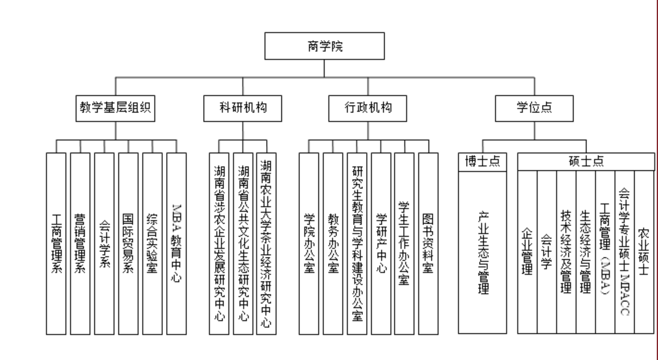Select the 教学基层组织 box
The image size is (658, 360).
(x=116, y=106)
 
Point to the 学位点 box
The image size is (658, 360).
(x=534, y=106)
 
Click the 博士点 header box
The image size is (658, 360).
(x=482, y=161)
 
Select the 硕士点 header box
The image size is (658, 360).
(x=585, y=161)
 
